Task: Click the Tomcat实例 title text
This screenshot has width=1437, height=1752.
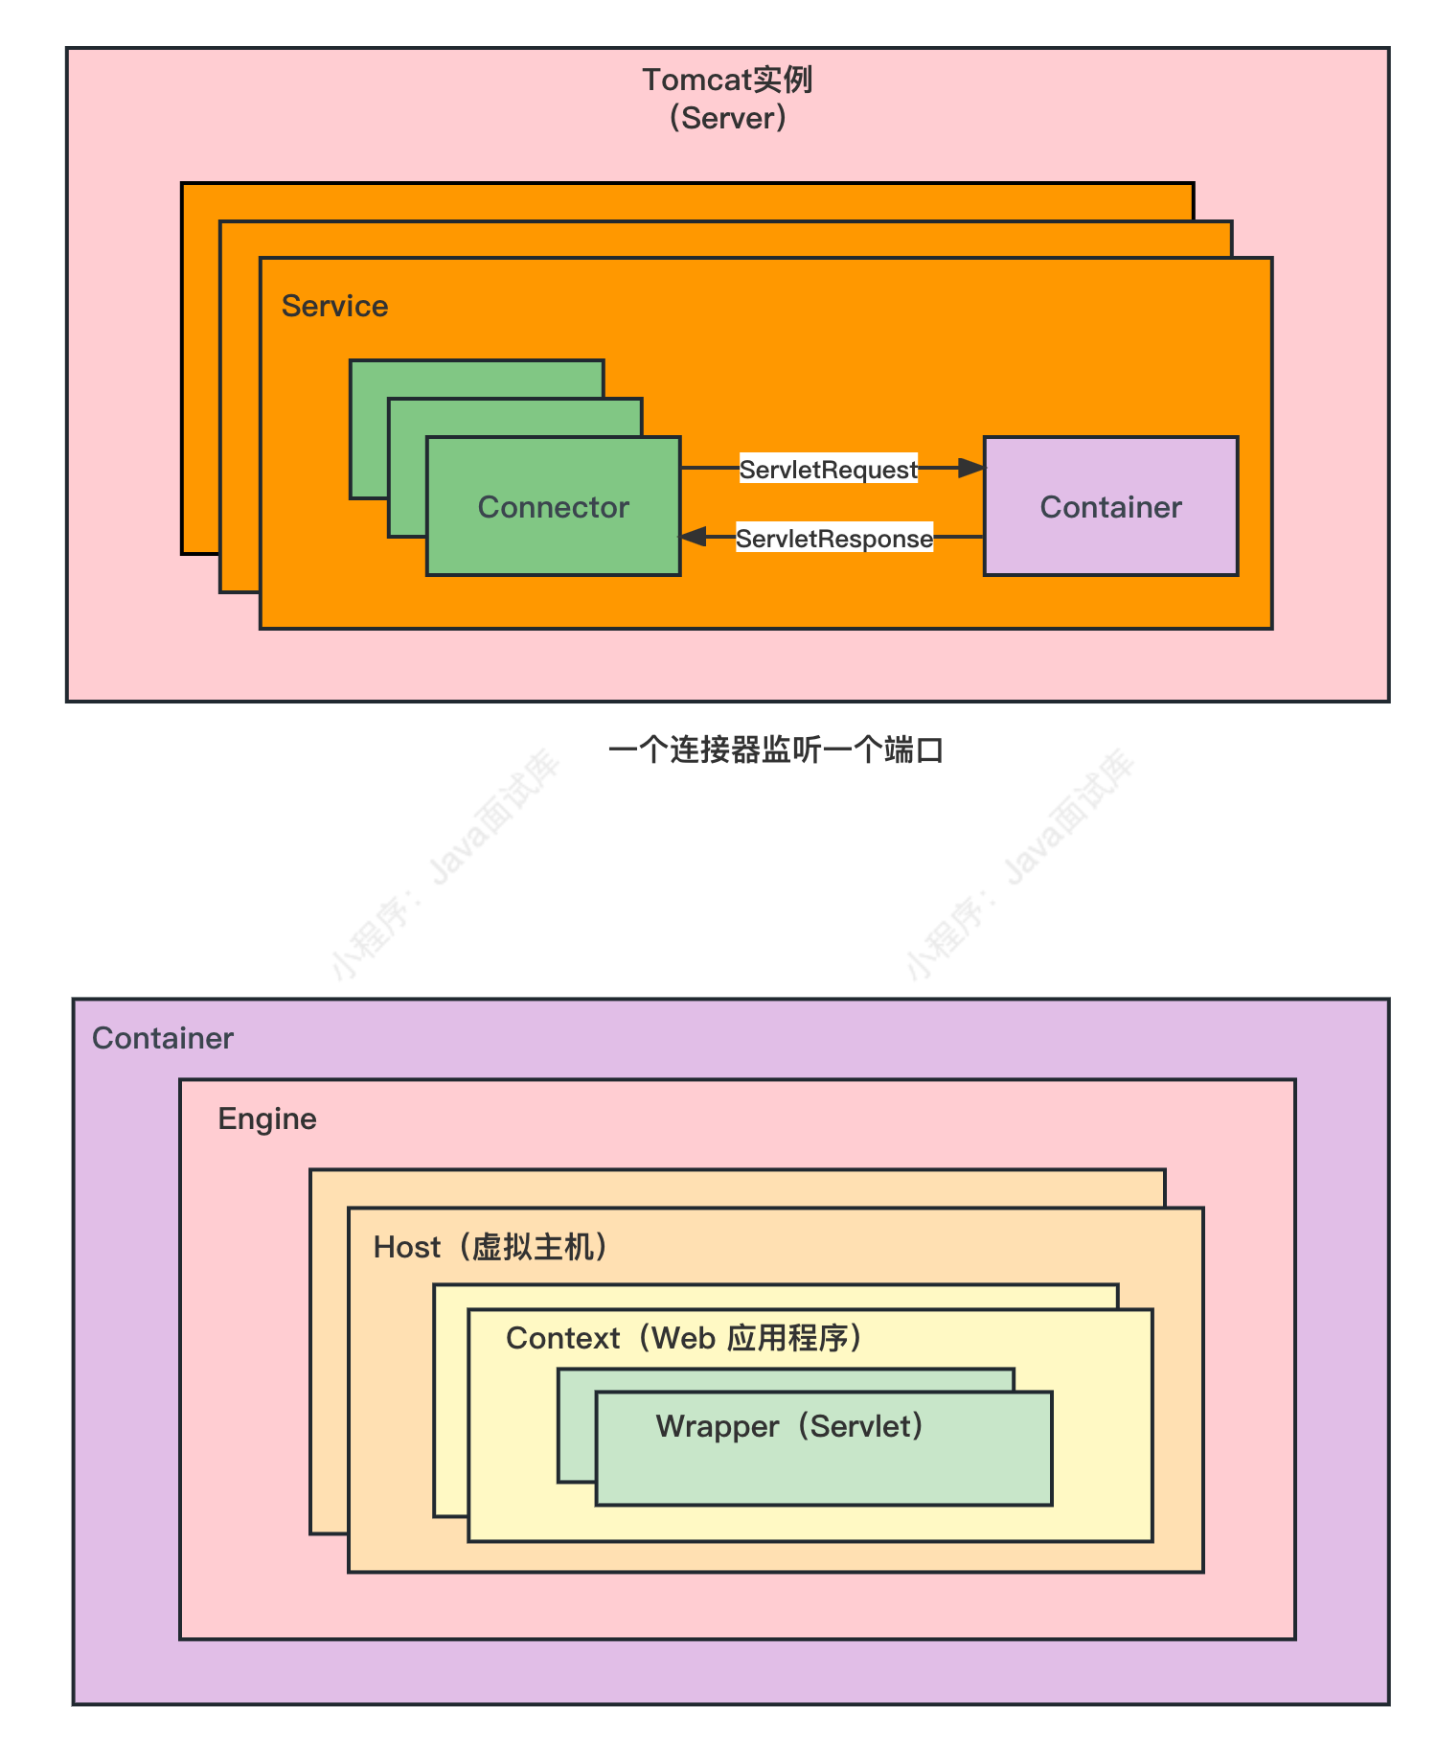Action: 727,80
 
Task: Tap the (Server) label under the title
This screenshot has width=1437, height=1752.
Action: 727,118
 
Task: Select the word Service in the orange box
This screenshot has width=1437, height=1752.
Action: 334,306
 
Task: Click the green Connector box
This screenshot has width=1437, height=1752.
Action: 553,506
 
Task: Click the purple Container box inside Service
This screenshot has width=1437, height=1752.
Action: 1110,506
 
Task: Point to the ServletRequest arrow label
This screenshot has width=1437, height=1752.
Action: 828,469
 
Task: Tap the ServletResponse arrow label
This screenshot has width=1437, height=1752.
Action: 833,538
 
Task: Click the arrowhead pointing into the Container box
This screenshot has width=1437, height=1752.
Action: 971,468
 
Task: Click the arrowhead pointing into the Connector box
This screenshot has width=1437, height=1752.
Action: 694,537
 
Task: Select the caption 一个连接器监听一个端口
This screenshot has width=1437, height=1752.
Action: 776,749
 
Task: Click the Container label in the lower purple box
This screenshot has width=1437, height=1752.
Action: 162,1038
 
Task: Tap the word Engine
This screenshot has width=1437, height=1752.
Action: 266,1118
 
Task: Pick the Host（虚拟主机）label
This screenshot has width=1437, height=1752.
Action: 490,1247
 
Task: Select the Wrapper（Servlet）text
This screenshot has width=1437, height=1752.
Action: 789,1426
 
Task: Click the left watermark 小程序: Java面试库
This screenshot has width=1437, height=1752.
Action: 445,864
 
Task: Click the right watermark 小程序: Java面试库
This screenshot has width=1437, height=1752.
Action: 1020,864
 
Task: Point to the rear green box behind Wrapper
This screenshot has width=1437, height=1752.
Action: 576,1428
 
